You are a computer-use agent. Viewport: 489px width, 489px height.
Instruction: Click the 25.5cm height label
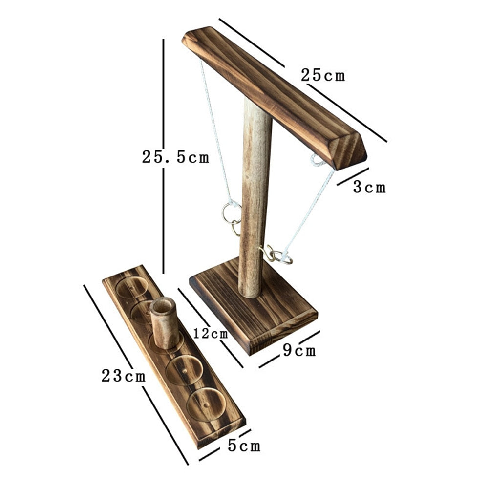(175, 157)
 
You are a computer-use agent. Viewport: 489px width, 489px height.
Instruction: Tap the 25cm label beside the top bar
(323, 75)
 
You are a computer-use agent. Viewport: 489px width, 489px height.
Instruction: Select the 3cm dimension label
(369, 188)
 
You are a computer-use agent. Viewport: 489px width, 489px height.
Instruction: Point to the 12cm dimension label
(211, 334)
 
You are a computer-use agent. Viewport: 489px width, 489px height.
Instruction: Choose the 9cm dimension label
(299, 350)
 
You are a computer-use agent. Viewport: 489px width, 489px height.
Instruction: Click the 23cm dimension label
(124, 376)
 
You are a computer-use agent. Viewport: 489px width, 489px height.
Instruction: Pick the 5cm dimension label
(244, 446)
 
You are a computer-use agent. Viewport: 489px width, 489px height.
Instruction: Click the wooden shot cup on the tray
(164, 323)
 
